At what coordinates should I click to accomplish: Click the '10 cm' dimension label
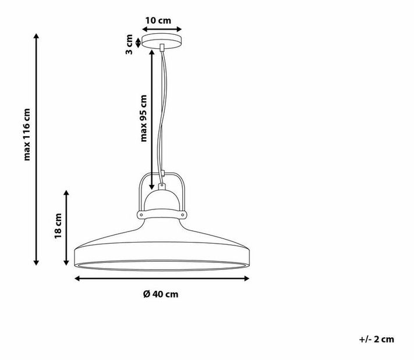click(x=158, y=20)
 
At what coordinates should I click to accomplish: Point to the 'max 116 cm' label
click(x=27, y=134)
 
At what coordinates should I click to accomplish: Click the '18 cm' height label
click(x=58, y=226)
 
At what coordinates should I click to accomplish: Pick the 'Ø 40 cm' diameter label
click(x=161, y=294)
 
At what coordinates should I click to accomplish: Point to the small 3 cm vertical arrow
click(x=137, y=42)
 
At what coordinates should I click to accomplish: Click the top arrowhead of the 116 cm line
click(x=37, y=36)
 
